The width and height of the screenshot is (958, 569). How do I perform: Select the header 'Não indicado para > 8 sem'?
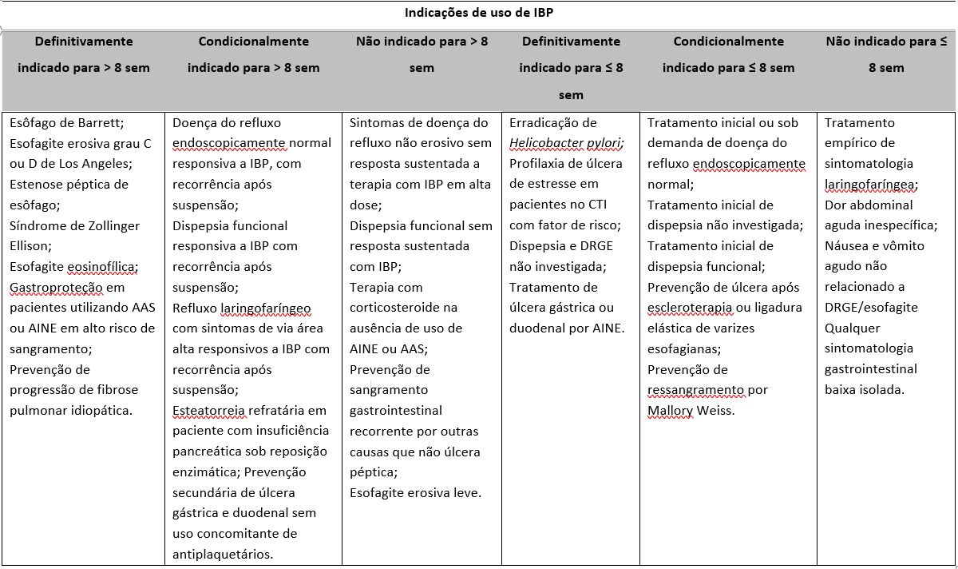[422, 54]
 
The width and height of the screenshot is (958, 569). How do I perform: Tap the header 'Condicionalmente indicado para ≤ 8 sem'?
[728, 54]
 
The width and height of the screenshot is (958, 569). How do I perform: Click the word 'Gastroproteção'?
[56, 288]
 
